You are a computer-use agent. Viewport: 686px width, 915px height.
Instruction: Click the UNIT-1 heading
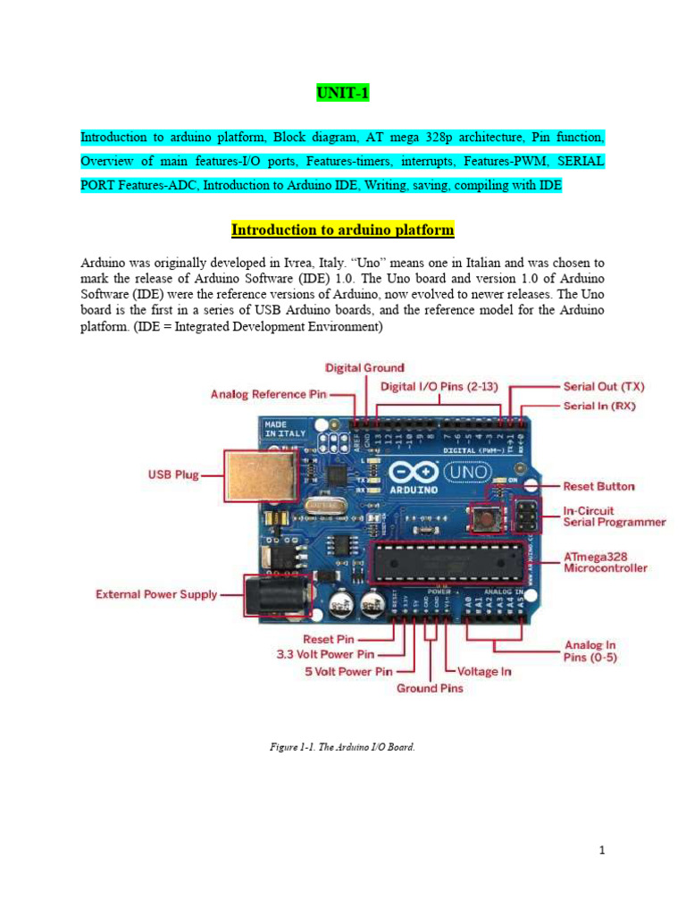[x=342, y=93]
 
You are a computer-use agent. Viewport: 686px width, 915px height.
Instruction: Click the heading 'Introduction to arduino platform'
[x=342, y=231]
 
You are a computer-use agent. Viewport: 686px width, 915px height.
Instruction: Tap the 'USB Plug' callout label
[x=173, y=475]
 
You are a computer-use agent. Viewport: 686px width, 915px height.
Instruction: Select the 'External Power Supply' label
[x=156, y=594]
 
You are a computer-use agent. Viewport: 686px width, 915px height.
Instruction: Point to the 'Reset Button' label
[x=598, y=487]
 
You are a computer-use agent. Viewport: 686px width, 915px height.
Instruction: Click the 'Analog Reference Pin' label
[x=268, y=394]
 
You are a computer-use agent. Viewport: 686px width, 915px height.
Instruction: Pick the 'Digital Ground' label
[x=364, y=367]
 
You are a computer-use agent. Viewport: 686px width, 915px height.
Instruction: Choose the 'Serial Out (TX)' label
[x=604, y=387]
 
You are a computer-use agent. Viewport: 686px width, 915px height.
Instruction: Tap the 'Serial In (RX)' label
[x=599, y=407]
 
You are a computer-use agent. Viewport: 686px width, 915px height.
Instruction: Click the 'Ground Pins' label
[x=430, y=688]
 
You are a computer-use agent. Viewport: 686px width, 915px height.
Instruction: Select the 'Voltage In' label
[x=484, y=671]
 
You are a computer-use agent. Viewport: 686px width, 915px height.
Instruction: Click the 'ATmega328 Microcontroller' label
[x=606, y=561]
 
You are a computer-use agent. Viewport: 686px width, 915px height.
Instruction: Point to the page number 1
[x=603, y=850]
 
